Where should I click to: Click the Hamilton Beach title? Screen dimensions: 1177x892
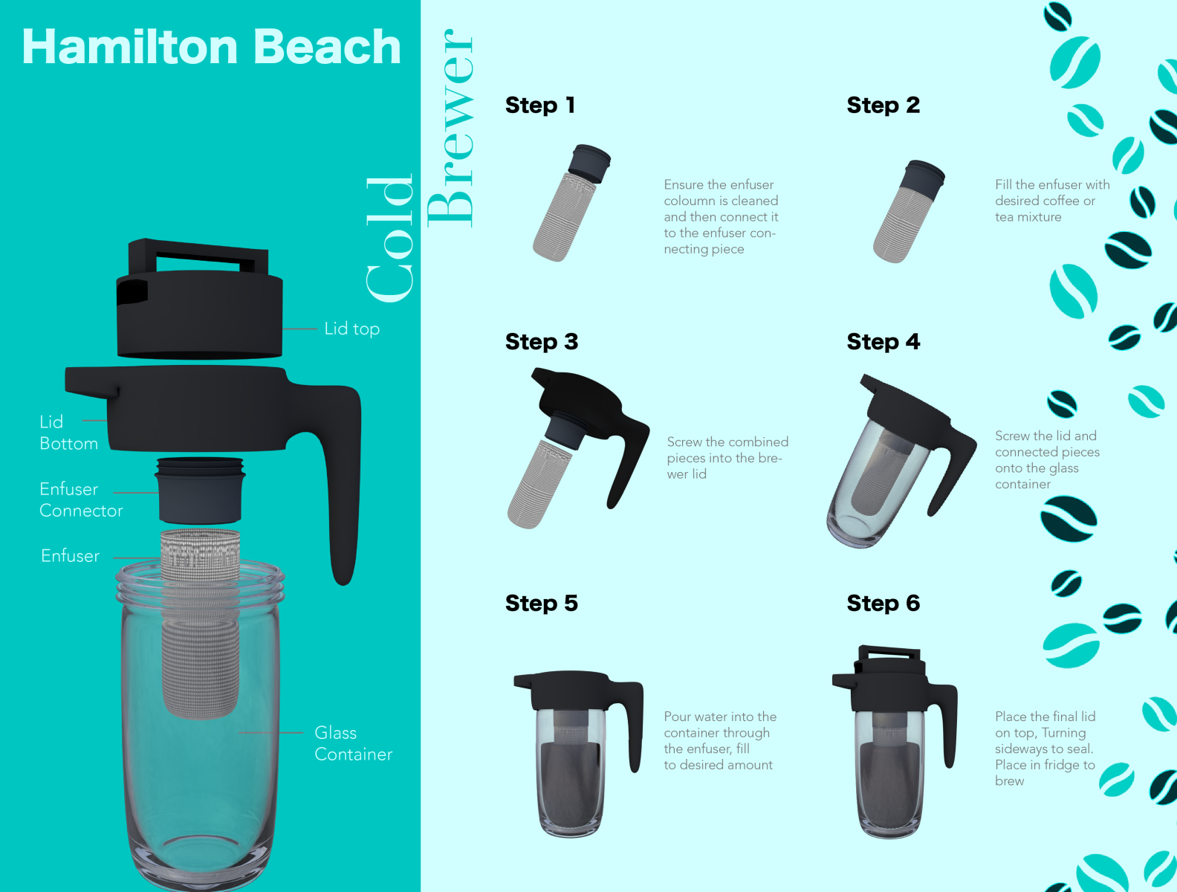[211, 47]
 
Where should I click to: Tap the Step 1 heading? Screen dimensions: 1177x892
[540, 105]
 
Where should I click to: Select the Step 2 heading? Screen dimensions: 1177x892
[883, 105]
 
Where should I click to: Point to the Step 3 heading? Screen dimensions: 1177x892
[542, 342]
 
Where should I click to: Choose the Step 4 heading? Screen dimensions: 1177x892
[883, 342]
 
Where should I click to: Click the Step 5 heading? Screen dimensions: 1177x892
[542, 603]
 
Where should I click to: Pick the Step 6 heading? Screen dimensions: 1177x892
[883, 603]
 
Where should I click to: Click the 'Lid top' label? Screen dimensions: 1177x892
[351, 329]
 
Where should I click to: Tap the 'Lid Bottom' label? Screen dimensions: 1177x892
[68, 433]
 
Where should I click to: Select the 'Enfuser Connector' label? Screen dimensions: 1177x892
[81, 500]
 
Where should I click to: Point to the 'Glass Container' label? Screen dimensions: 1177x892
[354, 743]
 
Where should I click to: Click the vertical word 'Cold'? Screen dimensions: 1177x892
[390, 238]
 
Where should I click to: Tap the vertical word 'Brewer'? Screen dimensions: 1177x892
[450, 129]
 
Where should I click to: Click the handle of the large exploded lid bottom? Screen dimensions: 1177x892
[343, 482]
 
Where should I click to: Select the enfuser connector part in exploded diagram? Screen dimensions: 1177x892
[200, 491]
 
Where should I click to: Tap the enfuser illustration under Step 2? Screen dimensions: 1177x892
[909, 211]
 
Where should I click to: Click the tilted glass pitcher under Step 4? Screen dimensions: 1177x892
[901, 462]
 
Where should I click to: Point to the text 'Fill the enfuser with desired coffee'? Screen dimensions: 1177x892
[1052, 193]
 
